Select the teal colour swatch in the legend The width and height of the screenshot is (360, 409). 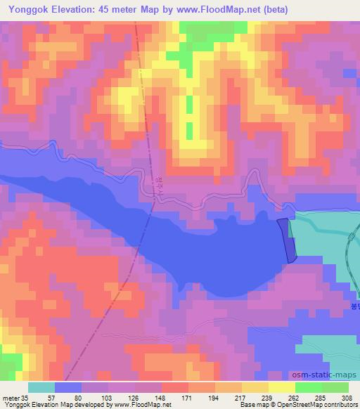41,387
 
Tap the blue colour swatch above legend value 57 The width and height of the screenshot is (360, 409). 68,387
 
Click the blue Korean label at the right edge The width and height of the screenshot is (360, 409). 354,307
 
